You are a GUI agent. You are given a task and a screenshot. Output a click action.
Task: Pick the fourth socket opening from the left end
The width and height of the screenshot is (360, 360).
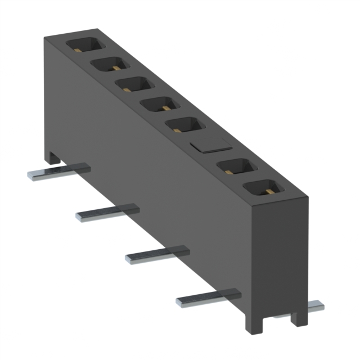160,103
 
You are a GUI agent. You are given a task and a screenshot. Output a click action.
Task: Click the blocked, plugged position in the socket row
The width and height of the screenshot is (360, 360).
210,145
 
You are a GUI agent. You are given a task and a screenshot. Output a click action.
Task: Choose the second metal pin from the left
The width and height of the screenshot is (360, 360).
107,213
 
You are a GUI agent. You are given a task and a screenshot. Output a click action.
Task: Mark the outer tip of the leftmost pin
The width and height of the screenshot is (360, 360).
31,176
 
